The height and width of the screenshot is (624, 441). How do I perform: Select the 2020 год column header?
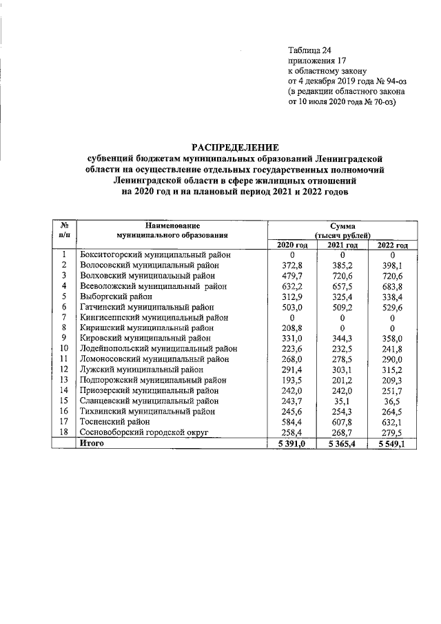(x=291, y=245)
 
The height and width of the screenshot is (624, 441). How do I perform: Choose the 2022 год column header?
(x=392, y=245)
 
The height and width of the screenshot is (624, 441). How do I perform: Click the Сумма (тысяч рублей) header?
(x=342, y=230)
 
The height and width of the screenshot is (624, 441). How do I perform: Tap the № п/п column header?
(x=63, y=230)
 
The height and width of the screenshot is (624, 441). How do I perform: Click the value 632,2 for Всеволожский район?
(x=291, y=285)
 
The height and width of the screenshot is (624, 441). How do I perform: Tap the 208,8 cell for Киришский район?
(x=291, y=328)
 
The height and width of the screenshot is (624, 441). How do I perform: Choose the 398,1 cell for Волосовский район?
(x=392, y=265)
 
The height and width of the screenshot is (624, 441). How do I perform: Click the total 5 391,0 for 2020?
(x=291, y=443)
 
